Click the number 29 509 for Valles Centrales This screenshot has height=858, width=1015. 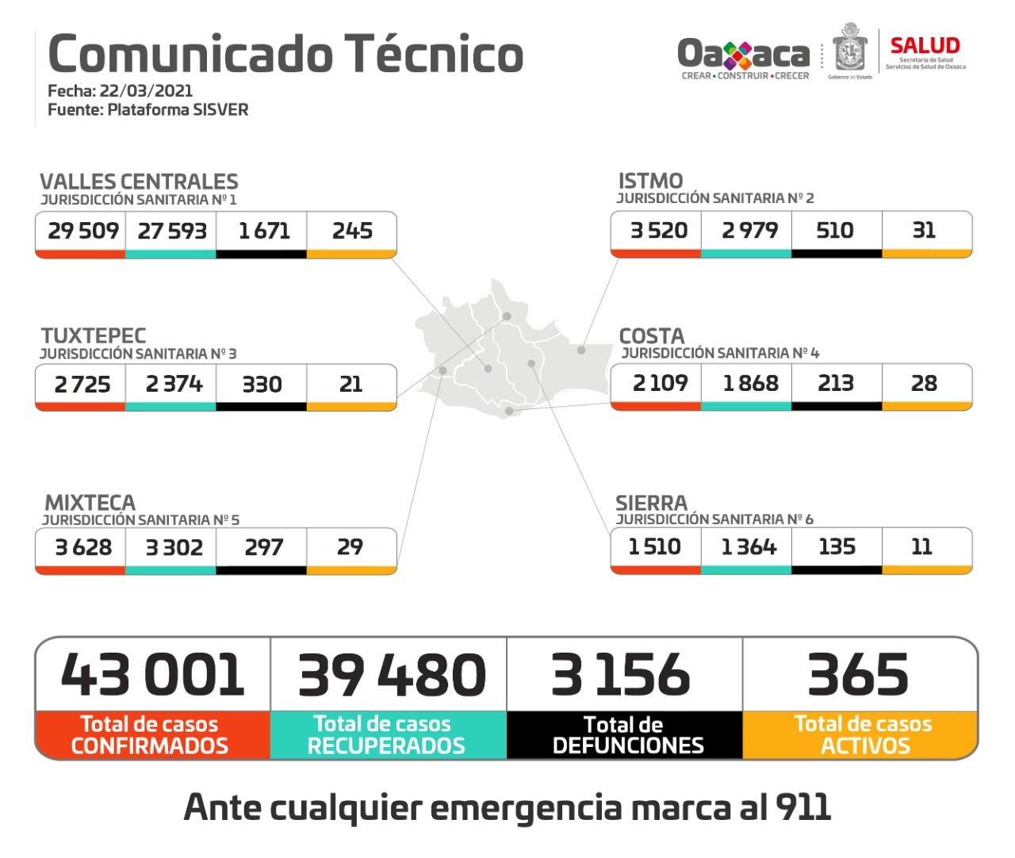pyautogui.click(x=82, y=231)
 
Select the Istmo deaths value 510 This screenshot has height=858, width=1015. pyautogui.click(x=835, y=231)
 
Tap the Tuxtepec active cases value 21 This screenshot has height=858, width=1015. pyautogui.click(x=350, y=385)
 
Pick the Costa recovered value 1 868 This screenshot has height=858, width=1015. pyautogui.click(x=750, y=384)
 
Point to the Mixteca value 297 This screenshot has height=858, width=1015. pyautogui.click(x=263, y=547)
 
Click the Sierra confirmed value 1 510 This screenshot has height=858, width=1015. pyautogui.click(x=654, y=547)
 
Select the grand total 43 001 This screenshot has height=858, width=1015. pyautogui.click(x=152, y=676)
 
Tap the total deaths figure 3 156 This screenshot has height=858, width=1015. pyautogui.click(x=621, y=676)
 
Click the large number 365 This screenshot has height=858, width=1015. pyautogui.click(x=858, y=676)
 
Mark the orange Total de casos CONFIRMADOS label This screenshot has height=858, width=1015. pyautogui.click(x=150, y=735)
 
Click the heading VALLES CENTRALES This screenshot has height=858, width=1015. pyautogui.click(x=139, y=182)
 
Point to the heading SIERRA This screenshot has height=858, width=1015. pyautogui.click(x=651, y=504)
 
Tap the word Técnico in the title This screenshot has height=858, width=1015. pyautogui.click(x=435, y=54)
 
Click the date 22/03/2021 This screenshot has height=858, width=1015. pyautogui.click(x=146, y=90)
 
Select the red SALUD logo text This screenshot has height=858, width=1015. pyautogui.click(x=925, y=46)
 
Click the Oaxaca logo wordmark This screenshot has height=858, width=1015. pyautogui.click(x=743, y=54)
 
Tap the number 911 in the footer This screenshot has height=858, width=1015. pyautogui.click(x=803, y=807)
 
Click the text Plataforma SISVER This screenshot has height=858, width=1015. pyautogui.click(x=178, y=109)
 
